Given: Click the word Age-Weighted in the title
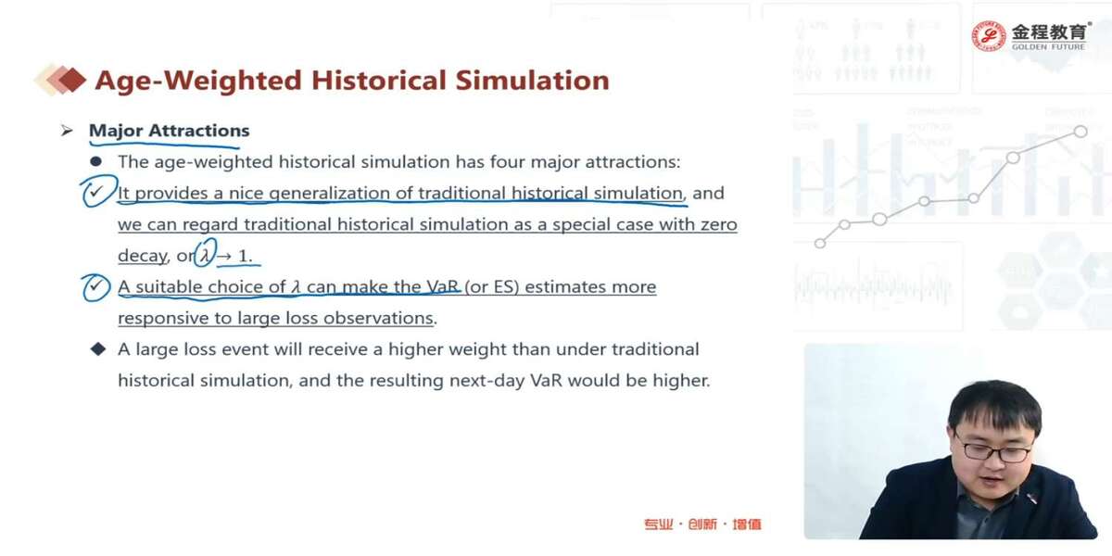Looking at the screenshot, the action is click(198, 81).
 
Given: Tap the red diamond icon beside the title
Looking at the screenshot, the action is click(72, 80).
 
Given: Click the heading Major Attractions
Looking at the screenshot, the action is click(169, 131).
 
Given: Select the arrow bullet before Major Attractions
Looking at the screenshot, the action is click(67, 131).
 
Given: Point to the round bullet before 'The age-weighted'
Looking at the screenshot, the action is click(96, 161).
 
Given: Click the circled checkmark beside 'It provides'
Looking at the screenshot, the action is click(99, 191).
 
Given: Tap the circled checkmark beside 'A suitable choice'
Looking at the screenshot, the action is click(95, 287).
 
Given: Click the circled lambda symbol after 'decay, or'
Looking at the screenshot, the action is click(206, 253).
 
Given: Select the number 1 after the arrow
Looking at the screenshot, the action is click(243, 256).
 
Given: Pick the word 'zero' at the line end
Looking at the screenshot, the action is click(719, 225).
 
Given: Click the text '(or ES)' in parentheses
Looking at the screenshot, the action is click(491, 287).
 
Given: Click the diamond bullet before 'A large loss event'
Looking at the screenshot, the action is click(98, 349).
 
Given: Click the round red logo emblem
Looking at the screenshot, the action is click(989, 36).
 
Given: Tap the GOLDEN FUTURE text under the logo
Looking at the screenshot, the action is click(1048, 47).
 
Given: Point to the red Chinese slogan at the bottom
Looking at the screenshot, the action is click(702, 524).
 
